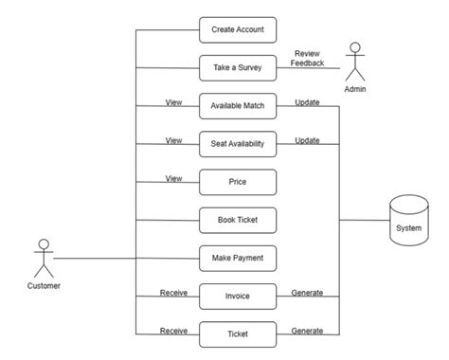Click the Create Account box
click(x=238, y=29)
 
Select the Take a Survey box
click(x=238, y=67)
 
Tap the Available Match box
click(x=238, y=106)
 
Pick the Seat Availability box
click(x=238, y=144)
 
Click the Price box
click(x=238, y=182)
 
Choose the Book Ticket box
click(x=238, y=220)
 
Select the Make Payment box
click(x=238, y=258)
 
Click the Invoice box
click(x=238, y=296)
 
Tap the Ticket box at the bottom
click(x=238, y=333)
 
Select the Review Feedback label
click(x=307, y=58)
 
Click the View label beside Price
click(x=173, y=178)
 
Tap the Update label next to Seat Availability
click(x=307, y=140)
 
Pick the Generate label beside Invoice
click(x=307, y=292)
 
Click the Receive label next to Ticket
click(x=173, y=330)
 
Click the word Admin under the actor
click(x=355, y=88)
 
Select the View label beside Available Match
click(x=173, y=102)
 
